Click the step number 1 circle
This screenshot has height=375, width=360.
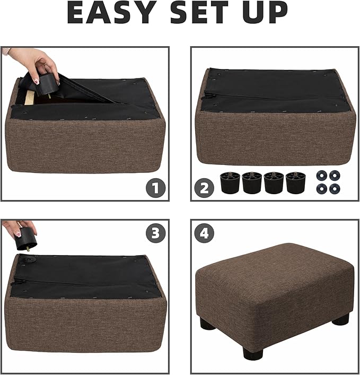155,187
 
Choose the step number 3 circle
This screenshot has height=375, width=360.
155,233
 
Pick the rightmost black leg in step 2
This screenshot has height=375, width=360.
296,182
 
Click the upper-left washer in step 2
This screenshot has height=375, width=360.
321,175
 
